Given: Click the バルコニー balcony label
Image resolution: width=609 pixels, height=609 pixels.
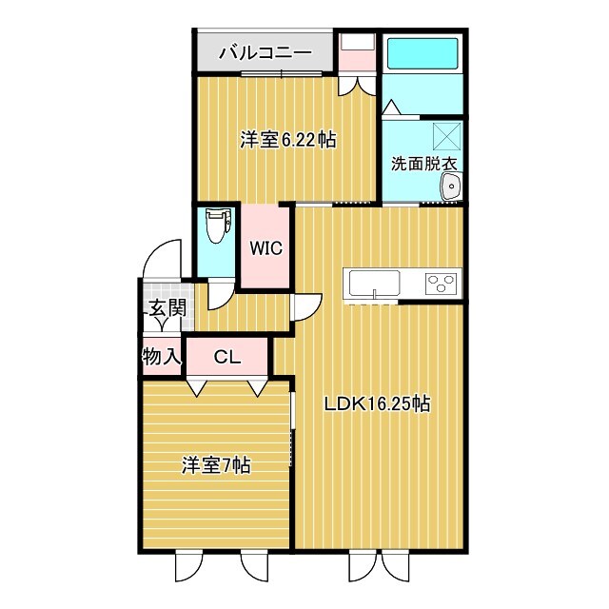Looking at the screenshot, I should (265, 52).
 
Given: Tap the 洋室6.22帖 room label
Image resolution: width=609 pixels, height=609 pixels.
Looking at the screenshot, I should (287, 140).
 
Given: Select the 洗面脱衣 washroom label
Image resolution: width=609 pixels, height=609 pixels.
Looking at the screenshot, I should (424, 163).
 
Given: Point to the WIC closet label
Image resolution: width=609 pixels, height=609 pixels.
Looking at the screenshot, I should (265, 248).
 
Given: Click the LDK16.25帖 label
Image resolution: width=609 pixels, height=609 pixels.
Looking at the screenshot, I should (377, 404).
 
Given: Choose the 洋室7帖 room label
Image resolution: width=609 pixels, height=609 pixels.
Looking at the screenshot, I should (216, 465).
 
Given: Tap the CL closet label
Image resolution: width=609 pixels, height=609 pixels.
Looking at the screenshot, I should (226, 358).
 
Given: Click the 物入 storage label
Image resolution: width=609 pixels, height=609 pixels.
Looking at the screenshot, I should (162, 358).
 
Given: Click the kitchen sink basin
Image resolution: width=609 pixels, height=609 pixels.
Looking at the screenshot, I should (374, 283).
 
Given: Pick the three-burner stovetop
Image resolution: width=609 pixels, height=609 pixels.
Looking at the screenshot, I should (441, 283).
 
